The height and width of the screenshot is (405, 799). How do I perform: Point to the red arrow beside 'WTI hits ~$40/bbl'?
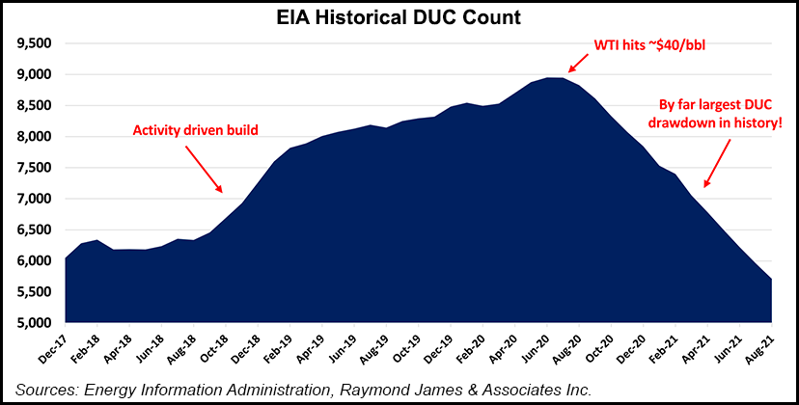[x=581, y=61]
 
